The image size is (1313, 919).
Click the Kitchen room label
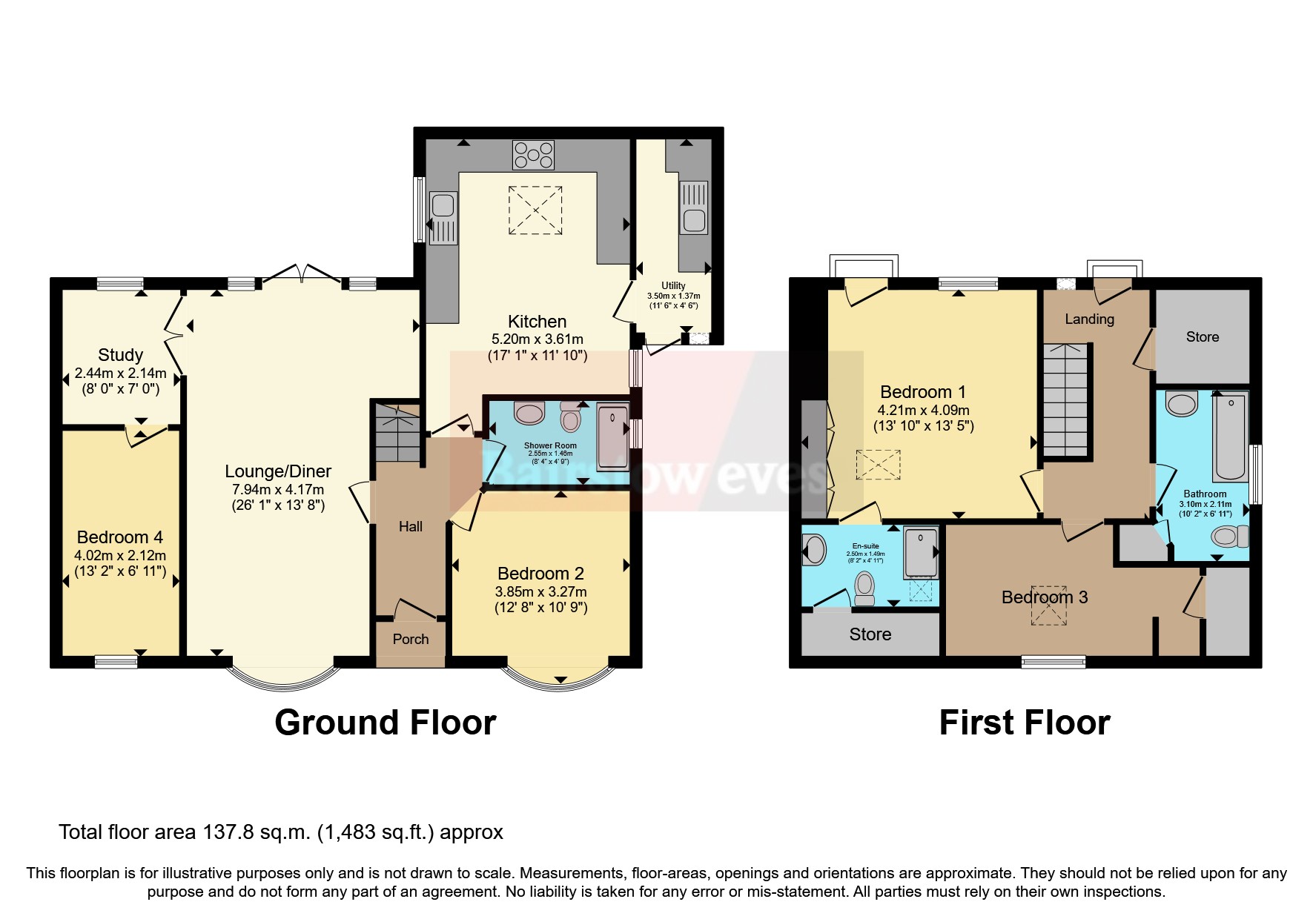tap(537, 322)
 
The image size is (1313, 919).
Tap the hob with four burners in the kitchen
tap(533, 155)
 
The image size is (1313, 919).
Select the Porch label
tap(410, 639)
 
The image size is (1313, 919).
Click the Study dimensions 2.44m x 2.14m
tap(120, 373)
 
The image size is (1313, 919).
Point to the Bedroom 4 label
tap(119, 537)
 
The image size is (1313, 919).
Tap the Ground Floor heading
tap(385, 723)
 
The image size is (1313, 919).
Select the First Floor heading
tap(1024, 723)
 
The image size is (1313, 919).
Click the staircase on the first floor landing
tap(1065, 400)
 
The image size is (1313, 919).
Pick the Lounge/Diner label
tap(278, 471)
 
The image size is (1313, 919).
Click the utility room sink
tap(695, 219)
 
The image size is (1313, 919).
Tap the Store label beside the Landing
tap(1202, 337)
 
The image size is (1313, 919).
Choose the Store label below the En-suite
tap(870, 634)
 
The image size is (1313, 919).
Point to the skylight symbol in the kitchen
tap(535, 210)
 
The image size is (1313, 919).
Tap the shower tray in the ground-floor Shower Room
tap(612, 437)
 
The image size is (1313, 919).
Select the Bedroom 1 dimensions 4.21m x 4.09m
tap(923, 410)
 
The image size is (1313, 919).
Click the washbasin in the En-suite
tap(813, 551)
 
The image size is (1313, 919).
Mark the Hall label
tap(410, 527)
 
